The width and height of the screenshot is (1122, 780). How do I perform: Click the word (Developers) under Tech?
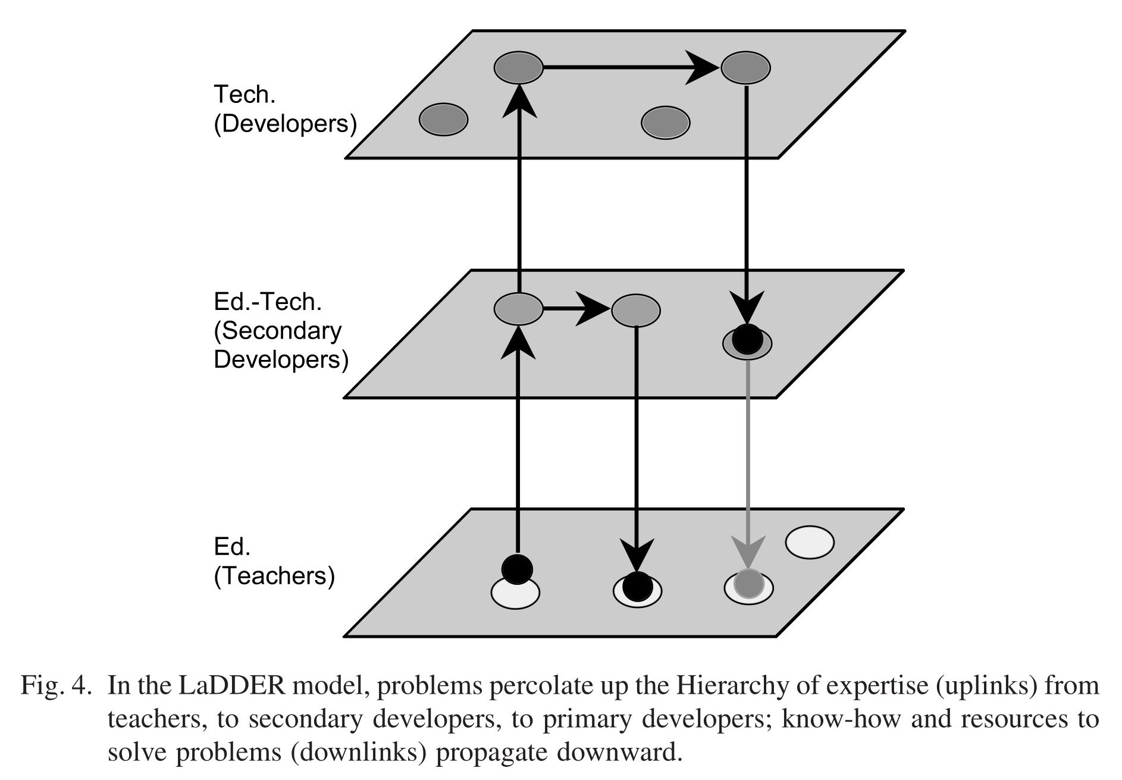(286, 124)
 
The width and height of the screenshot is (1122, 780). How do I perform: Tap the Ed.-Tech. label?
(268, 302)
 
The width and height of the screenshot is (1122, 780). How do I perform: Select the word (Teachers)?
(274, 576)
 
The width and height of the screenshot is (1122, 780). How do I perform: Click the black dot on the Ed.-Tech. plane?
(747, 339)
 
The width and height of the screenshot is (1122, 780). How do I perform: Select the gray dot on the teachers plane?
(748, 584)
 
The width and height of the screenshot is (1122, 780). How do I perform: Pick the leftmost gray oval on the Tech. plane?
(444, 120)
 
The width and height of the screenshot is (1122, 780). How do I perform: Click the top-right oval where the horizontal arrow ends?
(746, 67)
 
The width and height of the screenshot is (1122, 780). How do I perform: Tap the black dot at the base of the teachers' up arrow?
(517, 568)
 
